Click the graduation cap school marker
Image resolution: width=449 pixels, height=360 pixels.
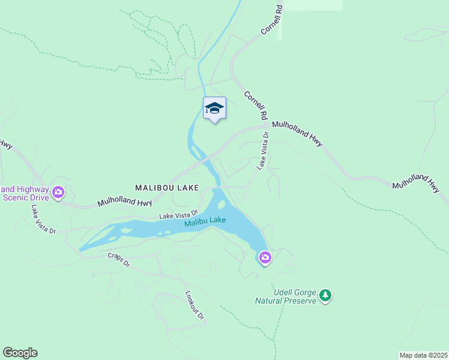tap(214, 109)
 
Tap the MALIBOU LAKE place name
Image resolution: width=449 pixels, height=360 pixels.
tap(167, 188)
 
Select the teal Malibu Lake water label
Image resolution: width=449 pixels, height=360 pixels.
tap(205, 222)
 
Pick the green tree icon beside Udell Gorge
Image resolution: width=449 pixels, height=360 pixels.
tap(325, 295)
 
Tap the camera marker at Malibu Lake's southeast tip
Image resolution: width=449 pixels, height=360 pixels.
tap(265, 258)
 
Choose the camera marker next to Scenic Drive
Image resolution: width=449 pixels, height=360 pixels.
tap(58, 193)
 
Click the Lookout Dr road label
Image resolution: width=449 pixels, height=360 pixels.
tap(195, 306)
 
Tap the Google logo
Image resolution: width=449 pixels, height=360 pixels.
tap(20, 353)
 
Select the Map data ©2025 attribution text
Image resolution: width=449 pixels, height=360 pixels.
tap(423, 355)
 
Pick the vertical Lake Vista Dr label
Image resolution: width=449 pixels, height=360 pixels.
tap(264, 151)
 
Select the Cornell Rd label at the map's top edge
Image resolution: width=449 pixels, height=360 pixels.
tap(271, 21)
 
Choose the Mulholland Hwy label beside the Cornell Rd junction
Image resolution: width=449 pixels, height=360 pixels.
tap(297, 132)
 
